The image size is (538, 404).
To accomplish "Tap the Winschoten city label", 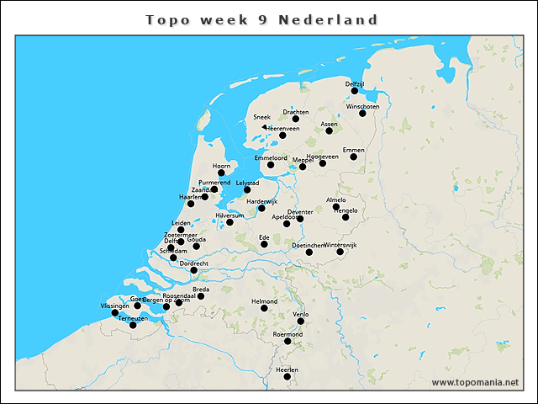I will click(x=363, y=107).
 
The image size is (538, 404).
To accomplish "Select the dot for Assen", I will click(x=329, y=130).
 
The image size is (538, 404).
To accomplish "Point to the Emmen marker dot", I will click(x=354, y=157).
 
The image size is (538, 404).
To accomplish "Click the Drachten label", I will click(x=296, y=112).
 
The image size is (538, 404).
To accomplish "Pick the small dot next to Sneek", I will click(x=264, y=127).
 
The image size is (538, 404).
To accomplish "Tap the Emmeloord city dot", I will click(x=271, y=165).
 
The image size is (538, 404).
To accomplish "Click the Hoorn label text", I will click(x=222, y=166).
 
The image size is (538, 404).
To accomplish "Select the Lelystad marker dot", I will click(x=247, y=189).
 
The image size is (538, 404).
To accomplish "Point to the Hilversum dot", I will click(x=229, y=222).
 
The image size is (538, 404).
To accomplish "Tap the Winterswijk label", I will click(x=340, y=244).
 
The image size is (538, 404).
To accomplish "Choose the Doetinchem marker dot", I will click(x=309, y=252).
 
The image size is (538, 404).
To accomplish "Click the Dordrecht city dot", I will click(x=193, y=270).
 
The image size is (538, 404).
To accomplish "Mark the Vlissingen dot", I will click(x=115, y=313).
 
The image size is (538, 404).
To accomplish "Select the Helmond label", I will click(x=264, y=301).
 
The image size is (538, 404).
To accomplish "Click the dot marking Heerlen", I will click(x=287, y=376).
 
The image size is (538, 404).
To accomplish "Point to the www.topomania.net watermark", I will click(x=474, y=382).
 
